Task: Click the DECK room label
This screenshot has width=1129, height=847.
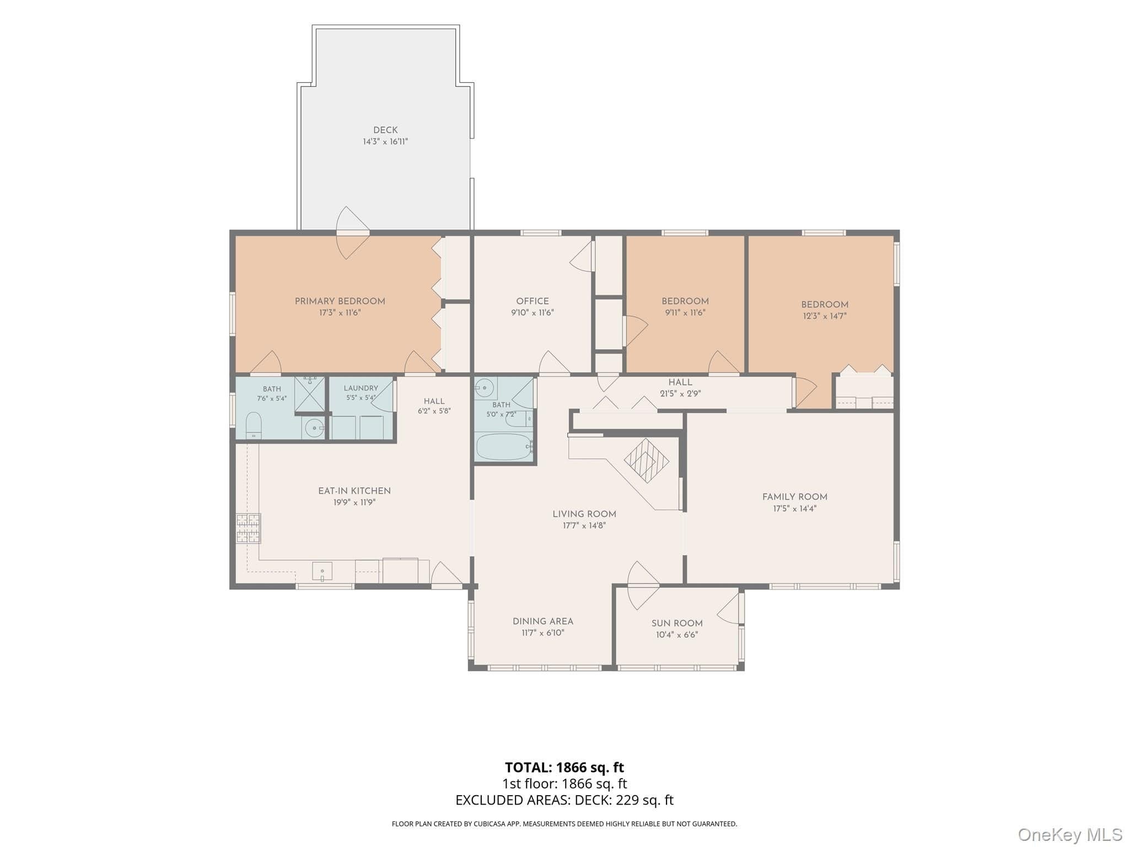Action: click(385, 130)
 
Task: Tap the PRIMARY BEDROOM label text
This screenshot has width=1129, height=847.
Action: click(340, 301)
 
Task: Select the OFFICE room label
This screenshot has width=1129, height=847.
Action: click(533, 301)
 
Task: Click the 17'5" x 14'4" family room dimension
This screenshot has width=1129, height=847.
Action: click(794, 508)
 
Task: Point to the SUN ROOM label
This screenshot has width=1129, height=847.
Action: click(677, 623)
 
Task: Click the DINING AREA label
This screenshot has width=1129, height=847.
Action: click(543, 621)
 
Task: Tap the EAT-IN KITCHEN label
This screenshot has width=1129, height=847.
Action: click(354, 491)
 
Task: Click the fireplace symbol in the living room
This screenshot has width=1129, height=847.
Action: click(646, 460)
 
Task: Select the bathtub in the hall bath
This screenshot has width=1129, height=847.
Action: click(504, 447)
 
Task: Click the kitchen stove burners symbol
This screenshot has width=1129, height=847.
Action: click(248, 528)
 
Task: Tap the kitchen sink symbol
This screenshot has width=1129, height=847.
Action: click(322, 571)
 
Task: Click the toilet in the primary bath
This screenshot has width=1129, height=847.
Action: click(254, 425)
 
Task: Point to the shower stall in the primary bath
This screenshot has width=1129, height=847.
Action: click(310, 394)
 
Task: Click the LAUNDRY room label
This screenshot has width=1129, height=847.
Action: click(361, 388)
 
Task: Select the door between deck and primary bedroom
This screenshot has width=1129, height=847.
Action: click(353, 233)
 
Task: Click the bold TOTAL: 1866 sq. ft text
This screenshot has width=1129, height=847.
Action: click(564, 767)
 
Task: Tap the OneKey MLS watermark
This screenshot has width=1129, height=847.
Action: click(1069, 834)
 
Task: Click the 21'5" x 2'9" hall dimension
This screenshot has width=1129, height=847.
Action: click(680, 394)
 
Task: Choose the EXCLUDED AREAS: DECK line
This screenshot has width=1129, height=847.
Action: click(564, 800)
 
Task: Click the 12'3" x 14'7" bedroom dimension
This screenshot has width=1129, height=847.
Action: click(825, 316)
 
